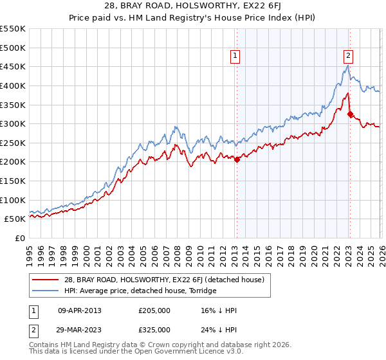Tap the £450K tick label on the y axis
[13, 66]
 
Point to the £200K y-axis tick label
[13, 162]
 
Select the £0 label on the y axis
[19, 239]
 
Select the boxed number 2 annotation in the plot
[348, 56]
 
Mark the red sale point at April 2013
[237, 160]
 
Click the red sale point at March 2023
[351, 114]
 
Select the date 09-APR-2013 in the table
[80, 310]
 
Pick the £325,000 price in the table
[154, 330]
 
